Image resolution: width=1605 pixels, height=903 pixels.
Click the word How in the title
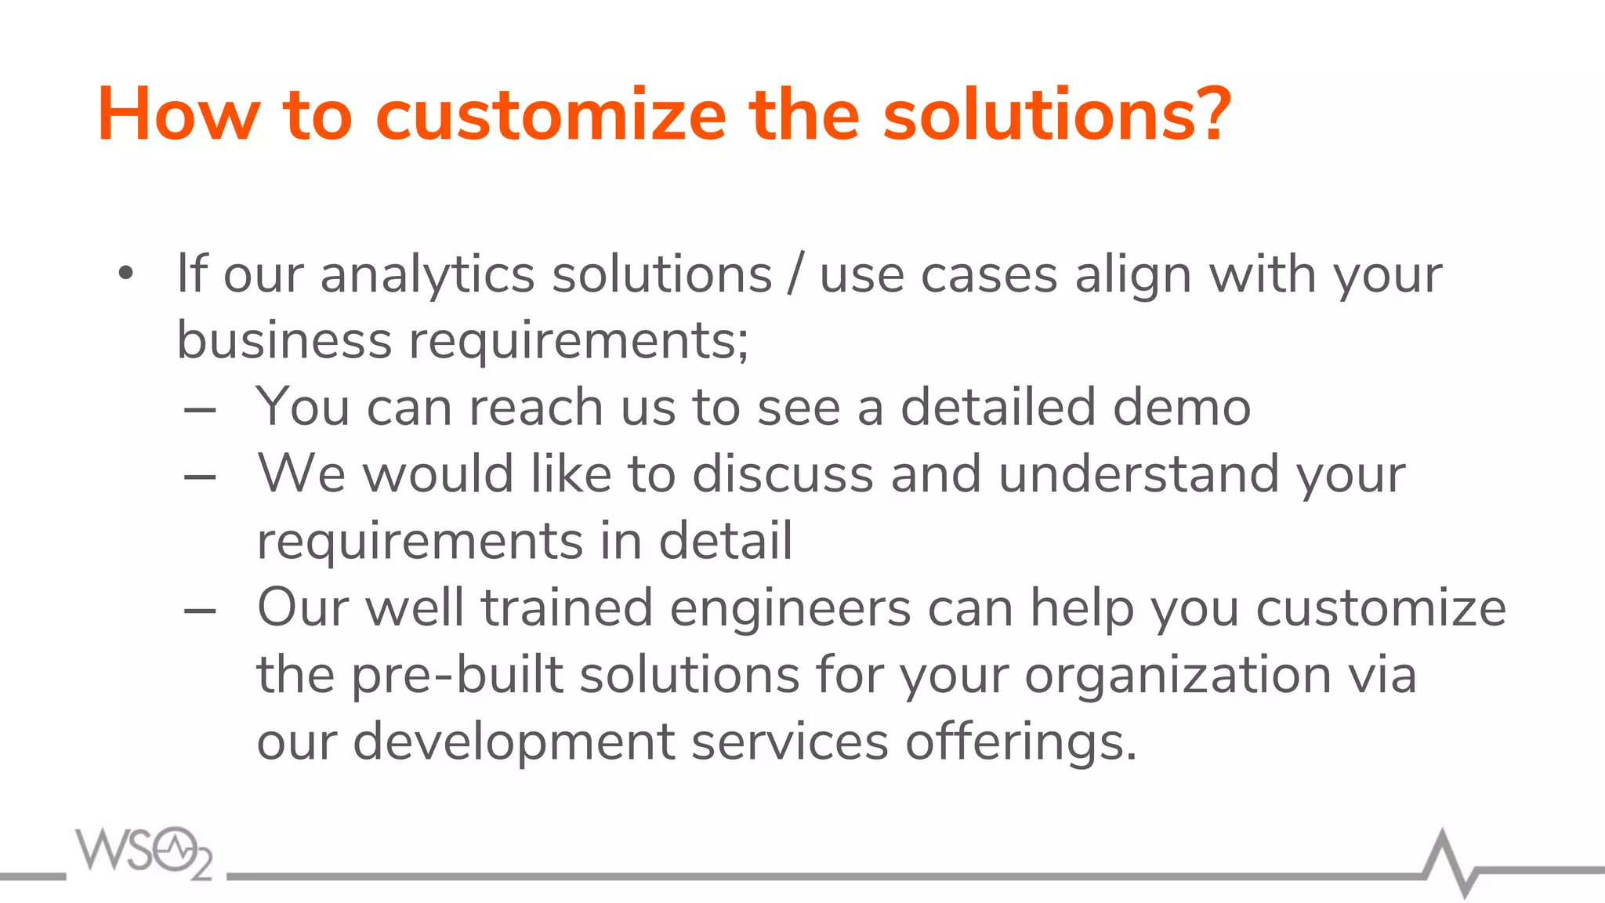pos(178,115)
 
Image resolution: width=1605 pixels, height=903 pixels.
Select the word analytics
pos(427,275)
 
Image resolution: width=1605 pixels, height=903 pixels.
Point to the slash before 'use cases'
pos(795,275)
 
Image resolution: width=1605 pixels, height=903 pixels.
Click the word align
pos(1133,277)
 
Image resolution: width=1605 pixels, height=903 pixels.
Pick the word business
pos(284,341)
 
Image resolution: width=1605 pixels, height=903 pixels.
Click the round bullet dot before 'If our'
pos(126,275)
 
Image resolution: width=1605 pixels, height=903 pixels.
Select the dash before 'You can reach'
pos(200,410)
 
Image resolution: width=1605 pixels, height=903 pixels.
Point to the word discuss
pos(782,474)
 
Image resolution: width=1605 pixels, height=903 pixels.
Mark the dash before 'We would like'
pos(200,477)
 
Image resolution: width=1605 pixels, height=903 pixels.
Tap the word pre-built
pos(457,676)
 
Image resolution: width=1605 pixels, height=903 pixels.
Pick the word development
pos(513,742)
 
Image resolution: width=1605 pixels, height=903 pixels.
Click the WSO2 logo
pos(144,852)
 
